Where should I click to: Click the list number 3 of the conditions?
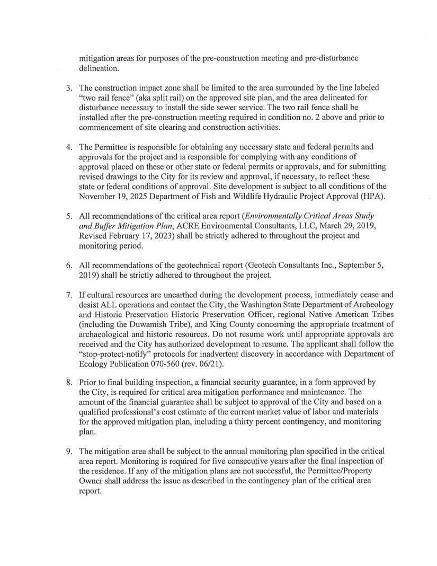click(x=69, y=87)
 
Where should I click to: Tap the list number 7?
click(x=69, y=294)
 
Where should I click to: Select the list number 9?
click(x=69, y=452)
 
